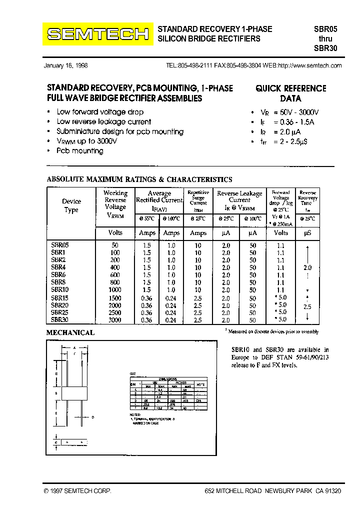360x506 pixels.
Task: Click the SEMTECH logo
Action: pos(97,34)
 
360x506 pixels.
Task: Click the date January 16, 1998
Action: pos(65,65)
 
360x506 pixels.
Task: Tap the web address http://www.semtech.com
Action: pos(309,65)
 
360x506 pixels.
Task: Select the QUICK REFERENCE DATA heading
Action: pos(290,93)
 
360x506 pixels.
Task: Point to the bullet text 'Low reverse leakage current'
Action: pos(104,121)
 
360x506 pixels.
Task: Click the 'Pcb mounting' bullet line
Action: pos(80,150)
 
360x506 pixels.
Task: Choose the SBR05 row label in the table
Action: pos(59,245)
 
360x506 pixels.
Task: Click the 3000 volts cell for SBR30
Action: pos(115,320)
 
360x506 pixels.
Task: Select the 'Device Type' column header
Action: pos(71,205)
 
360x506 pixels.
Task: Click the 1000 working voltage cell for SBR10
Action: pos(115,289)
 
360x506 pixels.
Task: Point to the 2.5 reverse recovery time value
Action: pos(307,307)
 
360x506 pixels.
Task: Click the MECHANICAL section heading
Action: pos(70,332)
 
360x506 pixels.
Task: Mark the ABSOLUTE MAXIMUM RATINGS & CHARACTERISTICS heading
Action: pos(139,179)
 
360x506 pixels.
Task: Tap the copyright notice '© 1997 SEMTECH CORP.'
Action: pos(77,491)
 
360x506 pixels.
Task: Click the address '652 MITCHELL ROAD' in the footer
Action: pos(233,491)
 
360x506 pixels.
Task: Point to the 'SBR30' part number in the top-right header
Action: pos(325,48)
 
